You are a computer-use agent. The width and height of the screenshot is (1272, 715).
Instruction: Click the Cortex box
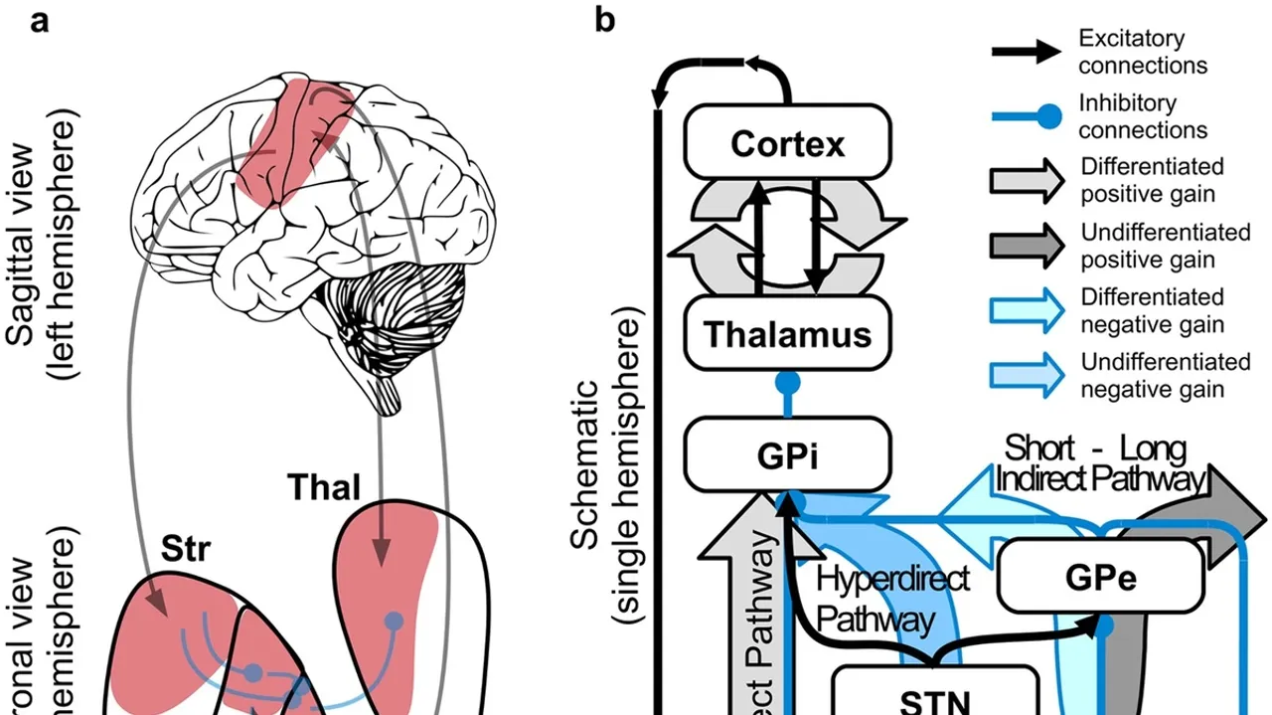point(787,144)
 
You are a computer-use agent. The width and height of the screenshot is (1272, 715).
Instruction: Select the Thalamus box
point(787,334)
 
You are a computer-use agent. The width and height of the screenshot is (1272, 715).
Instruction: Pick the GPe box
point(1088,576)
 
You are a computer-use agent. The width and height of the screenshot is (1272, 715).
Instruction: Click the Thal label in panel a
point(324,488)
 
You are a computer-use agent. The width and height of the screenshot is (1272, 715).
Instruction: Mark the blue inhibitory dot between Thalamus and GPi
point(787,382)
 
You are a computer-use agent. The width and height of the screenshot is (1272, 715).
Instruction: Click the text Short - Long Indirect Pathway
point(1098,463)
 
